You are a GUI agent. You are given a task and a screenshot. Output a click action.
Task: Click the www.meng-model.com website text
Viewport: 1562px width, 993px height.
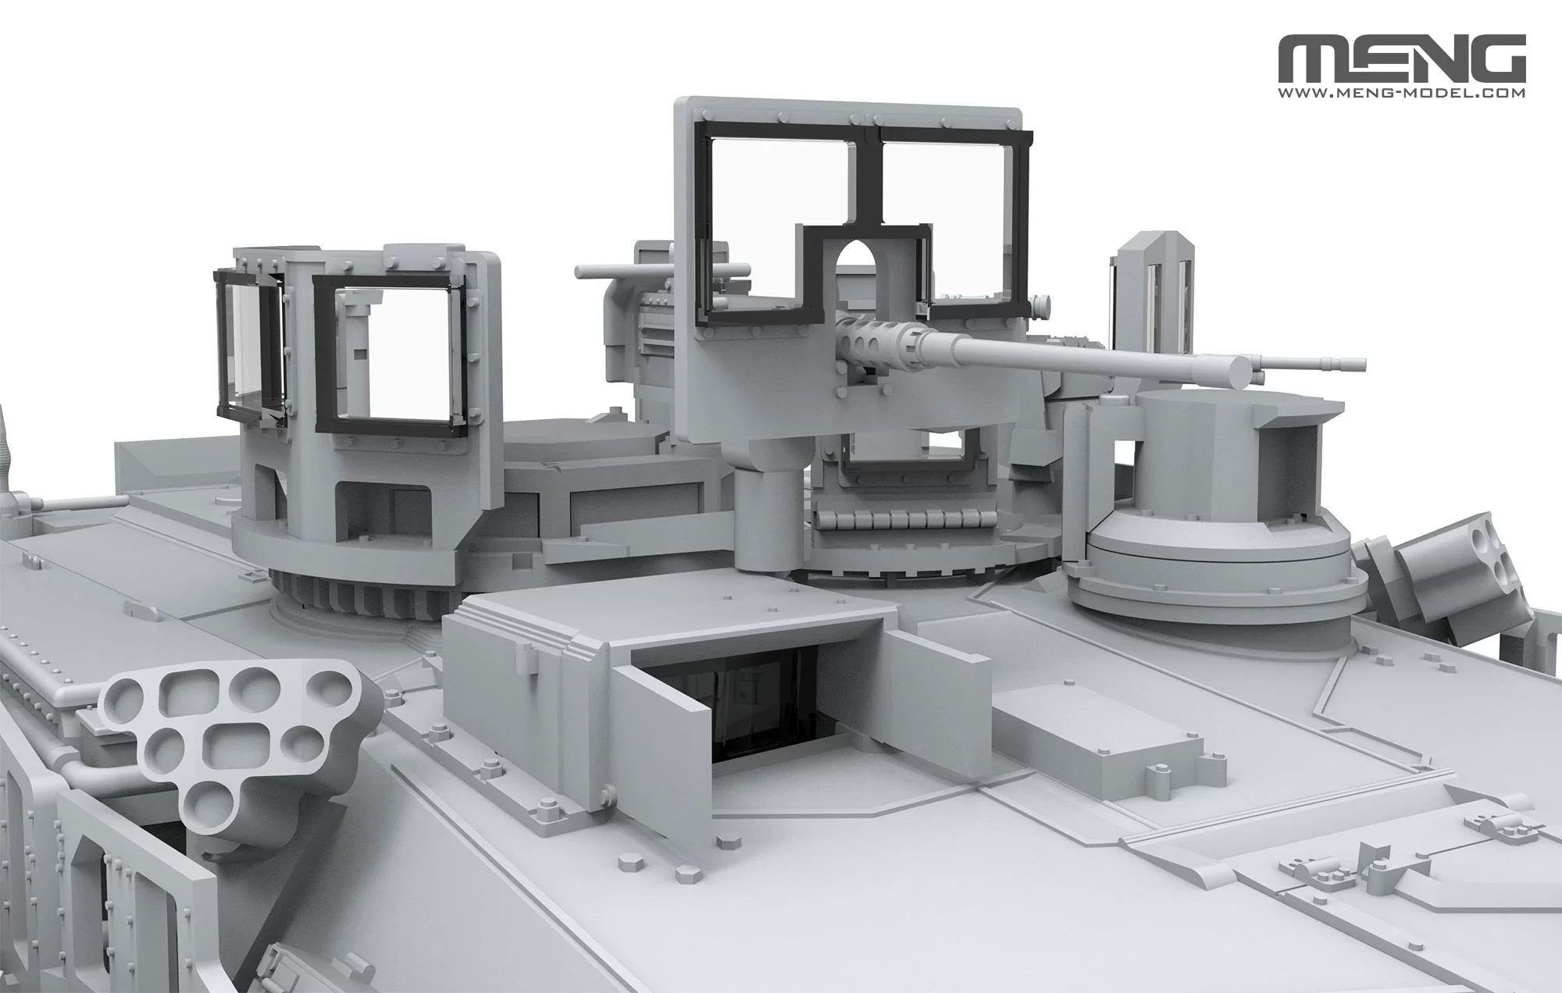(x=1403, y=92)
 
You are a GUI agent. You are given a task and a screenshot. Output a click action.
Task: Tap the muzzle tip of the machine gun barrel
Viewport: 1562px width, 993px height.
(x=1363, y=365)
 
